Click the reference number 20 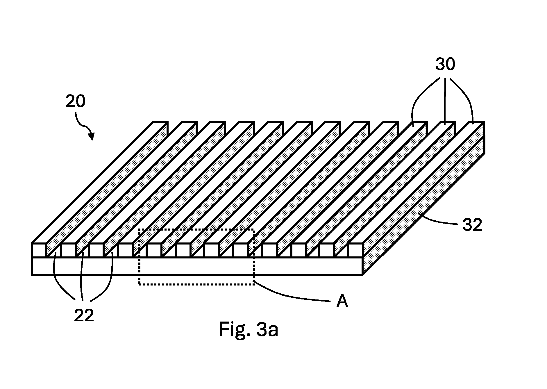tap(75, 101)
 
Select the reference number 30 tap(445, 64)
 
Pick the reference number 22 tap(84, 315)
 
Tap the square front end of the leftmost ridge tap(39, 250)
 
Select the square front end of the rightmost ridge tap(355, 250)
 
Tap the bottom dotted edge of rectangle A tap(196, 284)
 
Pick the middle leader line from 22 tap(82, 276)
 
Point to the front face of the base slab tap(197, 266)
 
